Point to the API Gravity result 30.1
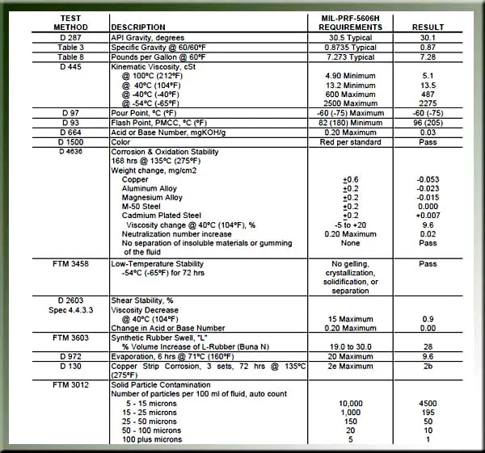428,37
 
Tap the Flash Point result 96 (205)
428,122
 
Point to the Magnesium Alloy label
152,197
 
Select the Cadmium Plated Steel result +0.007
428,215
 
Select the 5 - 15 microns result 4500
428,401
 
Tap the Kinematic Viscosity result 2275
428,103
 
